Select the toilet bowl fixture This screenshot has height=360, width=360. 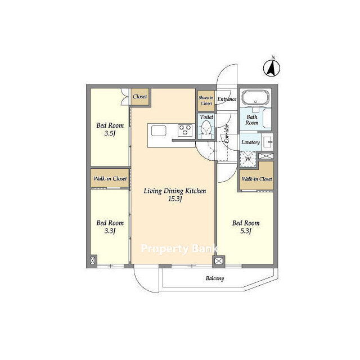(206, 129)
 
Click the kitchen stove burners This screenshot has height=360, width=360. (185, 130)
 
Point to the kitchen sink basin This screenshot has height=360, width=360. (159, 131)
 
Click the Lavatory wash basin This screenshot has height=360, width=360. (268, 142)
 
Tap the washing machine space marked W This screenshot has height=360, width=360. (247, 159)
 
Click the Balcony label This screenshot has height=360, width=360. (215, 278)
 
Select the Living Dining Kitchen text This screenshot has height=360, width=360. (175, 191)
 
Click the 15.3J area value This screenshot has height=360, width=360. (175, 199)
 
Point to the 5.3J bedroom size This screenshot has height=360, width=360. (246, 231)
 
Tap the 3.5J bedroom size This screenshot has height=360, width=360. (110, 133)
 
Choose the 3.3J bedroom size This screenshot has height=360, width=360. (110, 231)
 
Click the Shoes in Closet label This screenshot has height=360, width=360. (206, 101)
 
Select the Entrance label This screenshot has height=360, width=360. (227, 99)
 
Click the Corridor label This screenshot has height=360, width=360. (227, 134)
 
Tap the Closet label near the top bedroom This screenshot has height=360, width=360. (140, 97)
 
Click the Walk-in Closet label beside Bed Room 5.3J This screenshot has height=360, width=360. (257, 179)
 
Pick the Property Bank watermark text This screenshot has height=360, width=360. (179, 249)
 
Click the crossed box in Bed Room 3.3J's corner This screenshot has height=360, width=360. (93, 260)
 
